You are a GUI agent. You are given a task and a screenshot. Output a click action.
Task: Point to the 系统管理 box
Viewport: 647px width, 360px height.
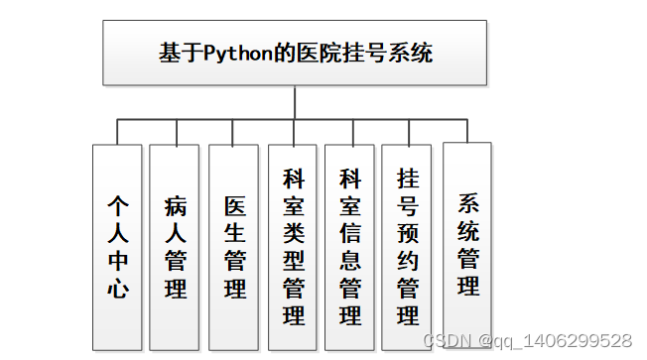[467, 243]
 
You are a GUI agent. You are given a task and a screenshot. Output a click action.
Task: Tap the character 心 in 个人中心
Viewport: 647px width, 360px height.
[119, 289]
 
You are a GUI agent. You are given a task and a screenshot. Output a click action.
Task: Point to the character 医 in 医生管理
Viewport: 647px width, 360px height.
[235, 207]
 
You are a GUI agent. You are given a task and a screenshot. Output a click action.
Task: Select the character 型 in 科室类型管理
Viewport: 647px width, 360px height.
[294, 261]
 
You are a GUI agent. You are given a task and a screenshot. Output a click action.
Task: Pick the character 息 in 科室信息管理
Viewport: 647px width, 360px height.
[349, 261]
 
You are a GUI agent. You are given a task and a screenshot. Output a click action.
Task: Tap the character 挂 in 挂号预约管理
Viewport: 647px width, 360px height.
[408, 180]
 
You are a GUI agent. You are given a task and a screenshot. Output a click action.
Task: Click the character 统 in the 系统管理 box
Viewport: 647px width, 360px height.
[467, 232]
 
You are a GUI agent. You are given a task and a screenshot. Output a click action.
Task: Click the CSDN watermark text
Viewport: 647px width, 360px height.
[446, 340]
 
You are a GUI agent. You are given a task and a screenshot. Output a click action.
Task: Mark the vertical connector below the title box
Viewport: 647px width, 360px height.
[295, 102]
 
